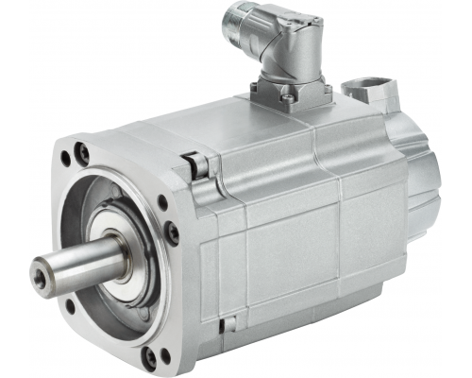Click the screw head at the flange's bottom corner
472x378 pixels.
pyautogui.click(x=150, y=357)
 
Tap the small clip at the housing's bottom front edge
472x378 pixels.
pyautogui.click(x=226, y=325)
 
